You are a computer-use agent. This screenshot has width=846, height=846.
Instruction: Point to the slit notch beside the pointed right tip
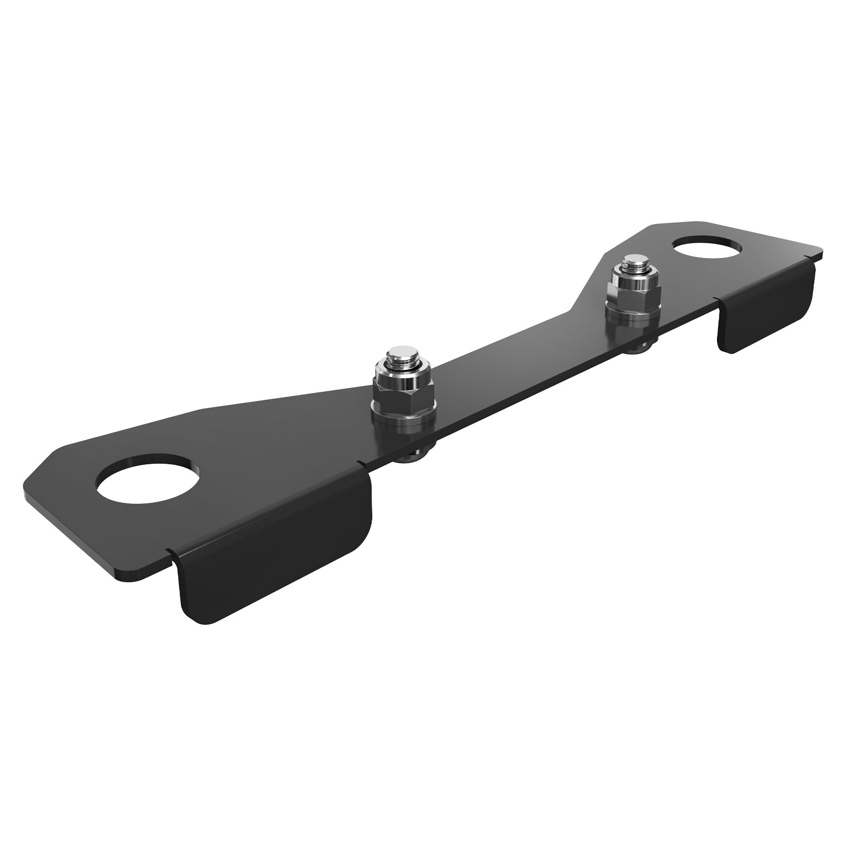click(x=806, y=259)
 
